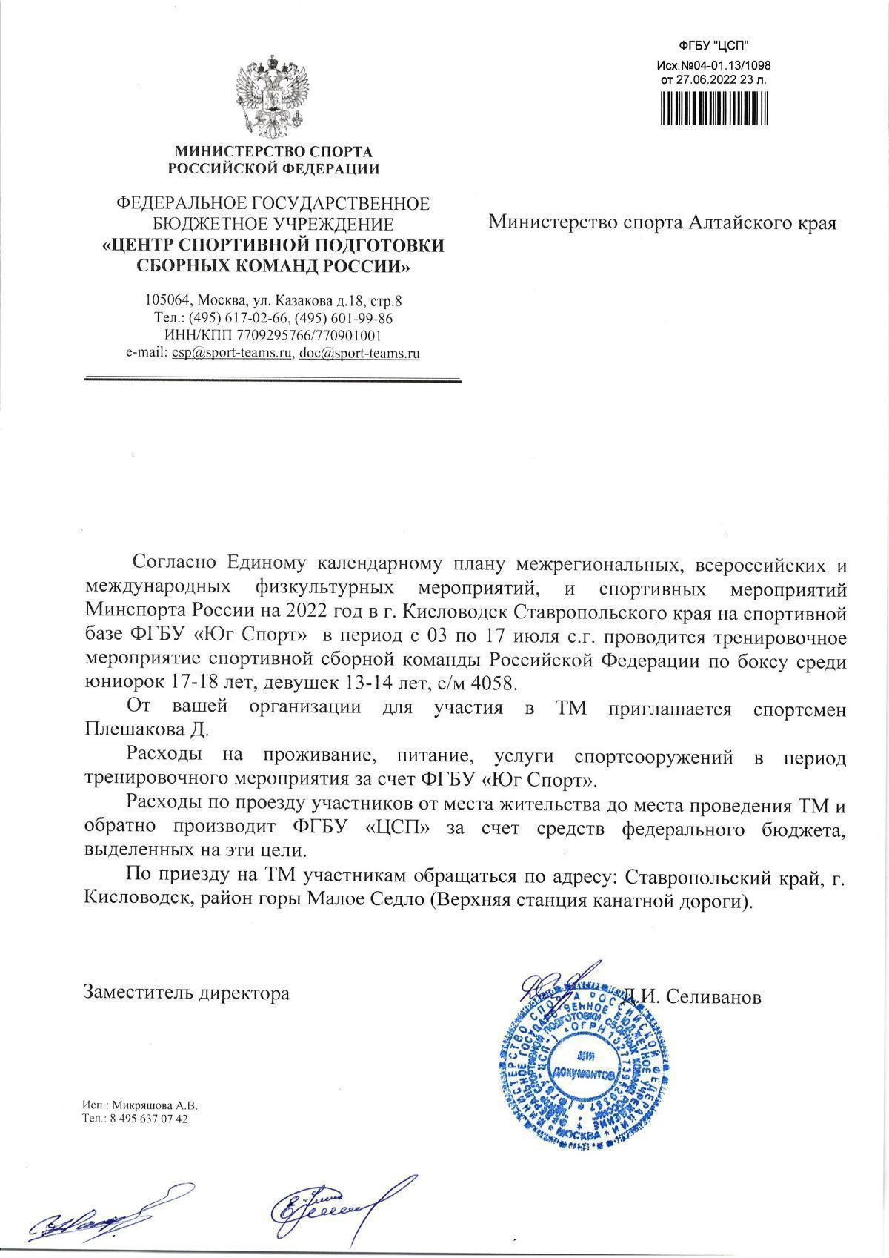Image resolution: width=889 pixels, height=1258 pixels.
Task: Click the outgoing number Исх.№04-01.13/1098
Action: [x=714, y=65]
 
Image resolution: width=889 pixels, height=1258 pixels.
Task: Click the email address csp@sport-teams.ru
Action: [x=230, y=354]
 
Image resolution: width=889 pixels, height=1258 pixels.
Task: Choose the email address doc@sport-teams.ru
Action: [x=359, y=354]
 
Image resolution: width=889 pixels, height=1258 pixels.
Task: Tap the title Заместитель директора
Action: [x=187, y=993]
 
